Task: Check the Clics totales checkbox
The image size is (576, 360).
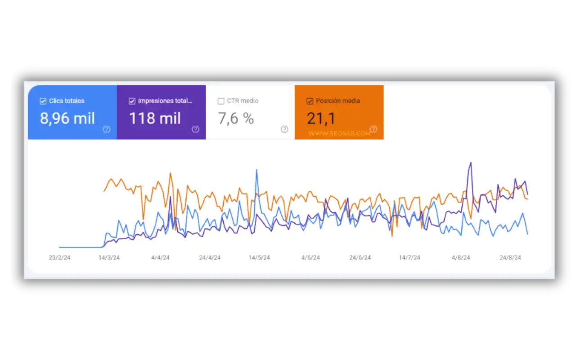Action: [x=43, y=101]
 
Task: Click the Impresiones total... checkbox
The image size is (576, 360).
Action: [x=132, y=101]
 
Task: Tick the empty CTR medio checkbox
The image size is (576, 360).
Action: [x=221, y=101]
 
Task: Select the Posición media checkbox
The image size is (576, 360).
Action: [x=310, y=101]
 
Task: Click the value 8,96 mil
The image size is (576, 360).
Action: [x=67, y=118]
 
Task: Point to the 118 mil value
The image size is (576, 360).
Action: [x=155, y=118]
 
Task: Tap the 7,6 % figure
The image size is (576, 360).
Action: [x=236, y=118]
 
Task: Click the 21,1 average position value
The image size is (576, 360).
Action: [x=321, y=118]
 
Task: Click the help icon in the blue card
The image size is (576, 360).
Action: [x=107, y=129]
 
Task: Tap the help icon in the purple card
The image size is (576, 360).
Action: [x=195, y=129]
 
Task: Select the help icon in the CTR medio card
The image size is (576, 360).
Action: [x=284, y=129]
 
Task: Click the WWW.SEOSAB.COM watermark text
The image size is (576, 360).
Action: [x=339, y=133]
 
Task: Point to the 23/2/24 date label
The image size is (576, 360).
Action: [x=59, y=258]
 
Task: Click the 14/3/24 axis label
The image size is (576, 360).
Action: [x=109, y=258]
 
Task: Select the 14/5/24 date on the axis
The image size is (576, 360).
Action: [x=259, y=258]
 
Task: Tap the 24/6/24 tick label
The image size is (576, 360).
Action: [x=360, y=258]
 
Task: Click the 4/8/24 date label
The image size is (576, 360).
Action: [x=461, y=258]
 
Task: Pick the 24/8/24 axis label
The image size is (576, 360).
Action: [x=510, y=258]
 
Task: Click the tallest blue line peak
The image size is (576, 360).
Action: [x=256, y=170]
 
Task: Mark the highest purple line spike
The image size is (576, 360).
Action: [x=471, y=163]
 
